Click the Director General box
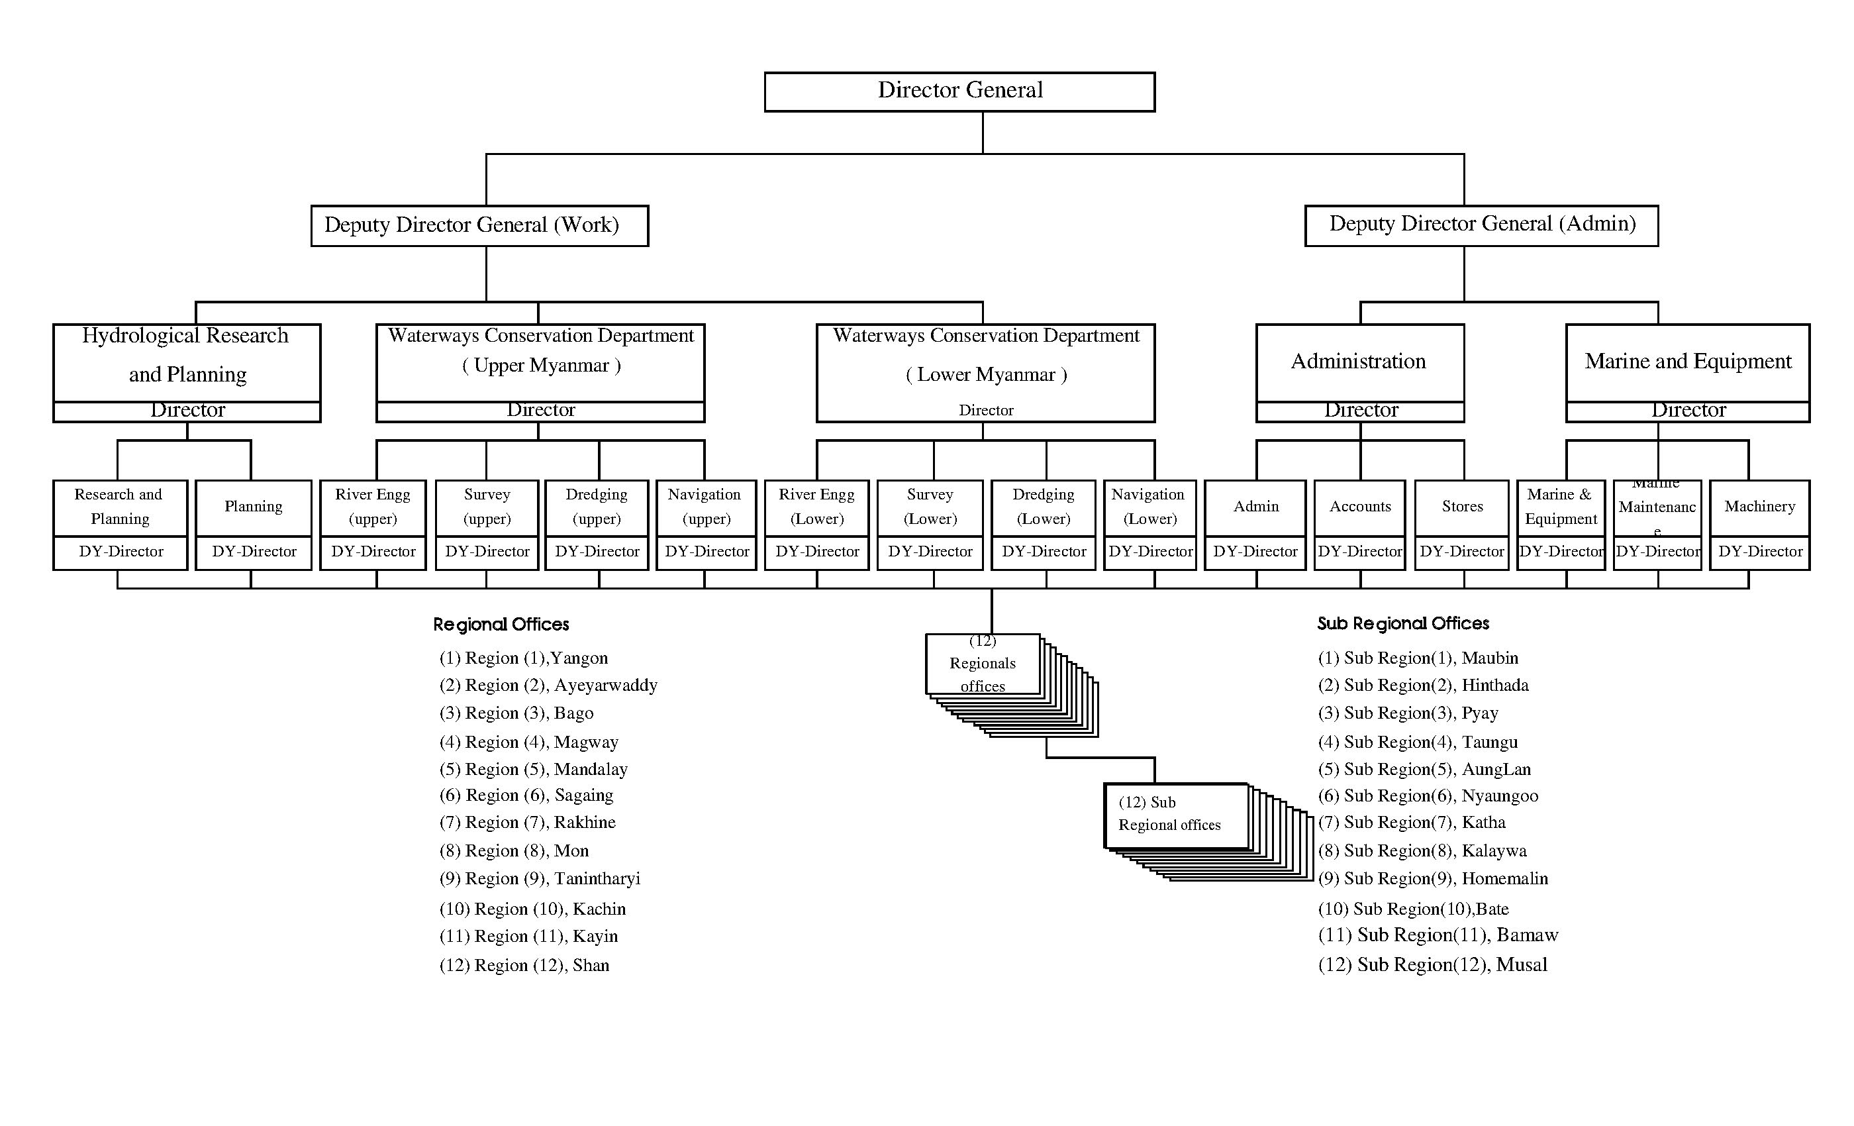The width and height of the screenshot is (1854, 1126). [x=959, y=92]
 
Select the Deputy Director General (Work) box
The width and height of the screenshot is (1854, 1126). [x=479, y=225]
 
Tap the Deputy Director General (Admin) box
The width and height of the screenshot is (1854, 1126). [x=1481, y=225]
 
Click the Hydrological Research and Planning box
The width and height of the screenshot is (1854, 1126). [x=187, y=363]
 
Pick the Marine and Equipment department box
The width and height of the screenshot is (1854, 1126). [x=1687, y=363]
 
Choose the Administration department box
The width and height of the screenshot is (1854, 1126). [x=1359, y=363]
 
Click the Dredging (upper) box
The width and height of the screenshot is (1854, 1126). [x=597, y=507]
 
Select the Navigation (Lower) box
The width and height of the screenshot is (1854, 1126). [x=1149, y=507]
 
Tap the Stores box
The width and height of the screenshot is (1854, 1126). [x=1461, y=507]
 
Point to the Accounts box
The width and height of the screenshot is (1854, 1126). [x=1359, y=507]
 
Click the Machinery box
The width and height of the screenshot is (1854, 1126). [x=1759, y=507]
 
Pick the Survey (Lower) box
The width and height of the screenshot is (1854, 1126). [x=930, y=507]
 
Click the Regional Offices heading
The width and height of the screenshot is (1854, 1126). [x=501, y=624]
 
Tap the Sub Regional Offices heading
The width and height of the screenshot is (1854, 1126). [x=1403, y=623]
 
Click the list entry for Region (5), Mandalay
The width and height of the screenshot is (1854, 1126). [x=534, y=769]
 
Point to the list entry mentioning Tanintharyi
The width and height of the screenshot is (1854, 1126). [x=540, y=878]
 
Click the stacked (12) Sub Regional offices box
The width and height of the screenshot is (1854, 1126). [x=1175, y=816]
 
